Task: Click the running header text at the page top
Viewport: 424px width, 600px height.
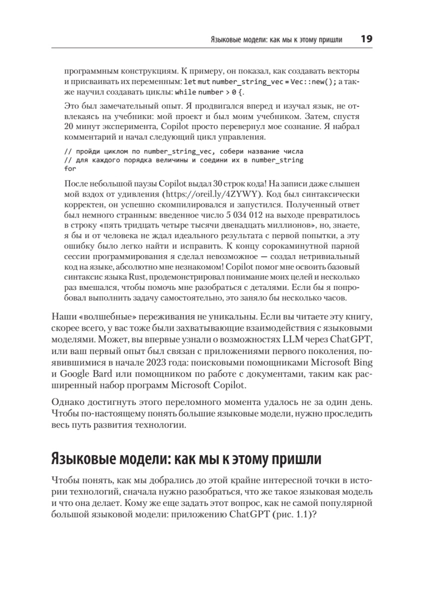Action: pyautogui.click(x=278, y=40)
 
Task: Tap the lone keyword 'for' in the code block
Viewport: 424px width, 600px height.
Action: pyautogui.click(x=70, y=168)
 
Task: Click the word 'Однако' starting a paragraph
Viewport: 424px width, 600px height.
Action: pyautogui.click(x=67, y=402)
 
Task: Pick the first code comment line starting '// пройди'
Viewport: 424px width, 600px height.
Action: pyautogui.click(x=184, y=150)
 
